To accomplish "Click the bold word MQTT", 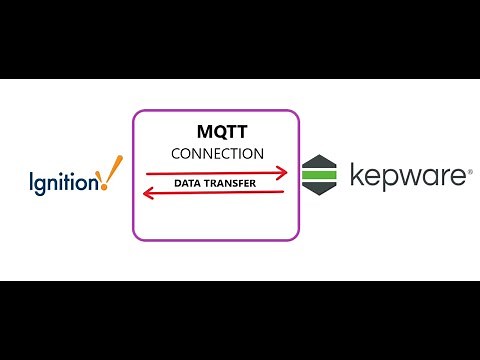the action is (x=217, y=132).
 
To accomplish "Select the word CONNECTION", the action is (x=217, y=154).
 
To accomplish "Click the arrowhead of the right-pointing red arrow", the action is (x=283, y=174).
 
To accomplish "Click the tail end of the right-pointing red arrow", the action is (x=147, y=174).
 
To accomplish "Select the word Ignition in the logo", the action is (x=64, y=181).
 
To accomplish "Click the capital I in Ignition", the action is (x=32, y=180).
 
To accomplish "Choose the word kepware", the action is (x=409, y=177).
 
